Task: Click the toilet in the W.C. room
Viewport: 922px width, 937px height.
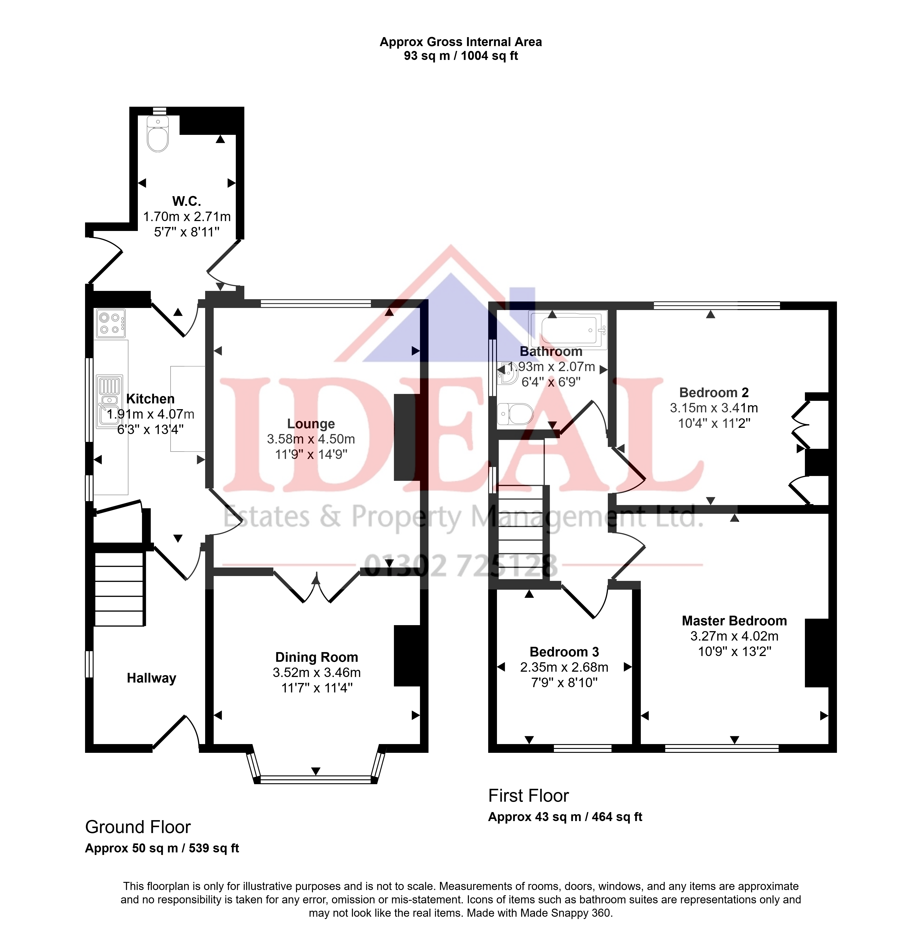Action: (158, 134)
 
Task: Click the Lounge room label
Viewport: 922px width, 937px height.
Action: (311, 424)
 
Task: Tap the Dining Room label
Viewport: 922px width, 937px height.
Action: (317, 657)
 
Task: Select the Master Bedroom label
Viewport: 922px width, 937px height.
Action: (734, 621)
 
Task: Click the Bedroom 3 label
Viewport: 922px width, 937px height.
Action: (564, 652)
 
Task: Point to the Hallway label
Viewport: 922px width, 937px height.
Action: (152, 678)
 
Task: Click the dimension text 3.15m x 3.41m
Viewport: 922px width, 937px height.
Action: (714, 408)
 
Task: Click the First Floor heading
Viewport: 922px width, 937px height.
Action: (528, 796)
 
